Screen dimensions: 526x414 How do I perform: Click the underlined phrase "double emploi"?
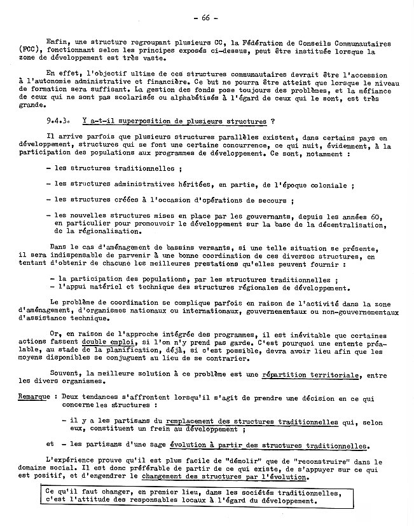[106, 341]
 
